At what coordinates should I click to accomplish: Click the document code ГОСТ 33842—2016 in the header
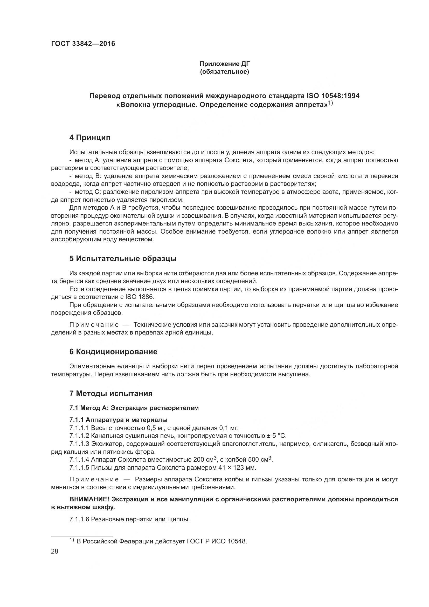tap(83, 44)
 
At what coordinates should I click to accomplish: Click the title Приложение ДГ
tap(224, 64)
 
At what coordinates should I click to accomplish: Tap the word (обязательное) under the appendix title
tap(224, 72)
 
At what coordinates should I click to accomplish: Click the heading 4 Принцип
tap(90, 138)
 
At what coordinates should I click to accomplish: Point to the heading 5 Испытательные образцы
tap(123, 258)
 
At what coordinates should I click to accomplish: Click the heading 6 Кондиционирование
tap(113, 352)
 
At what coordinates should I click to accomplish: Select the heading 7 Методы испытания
tap(111, 393)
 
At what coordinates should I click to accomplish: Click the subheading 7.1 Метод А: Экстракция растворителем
tap(134, 408)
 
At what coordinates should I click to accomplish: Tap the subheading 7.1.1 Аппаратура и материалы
tap(118, 420)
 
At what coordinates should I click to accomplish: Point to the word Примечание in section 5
tap(94, 325)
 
